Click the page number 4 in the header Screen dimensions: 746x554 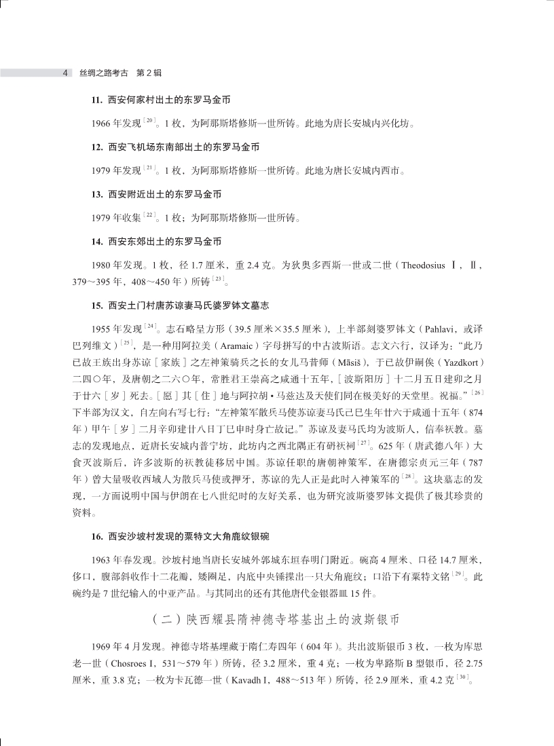tap(64, 73)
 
